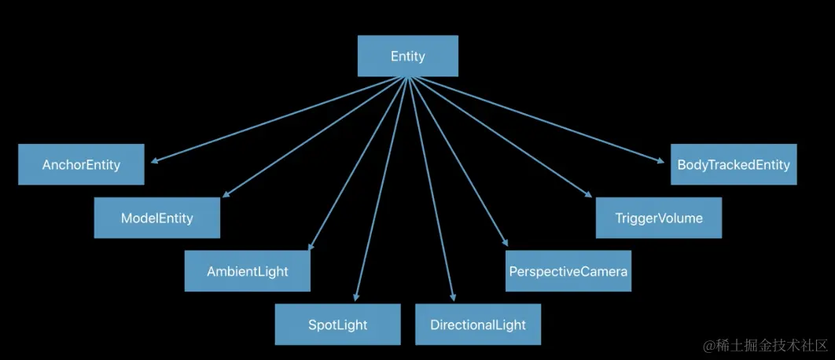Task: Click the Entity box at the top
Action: click(x=407, y=57)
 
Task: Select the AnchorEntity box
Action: click(x=81, y=164)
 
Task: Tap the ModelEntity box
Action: click(x=156, y=218)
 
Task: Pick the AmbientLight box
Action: click(x=247, y=271)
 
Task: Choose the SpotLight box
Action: click(x=337, y=324)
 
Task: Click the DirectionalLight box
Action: click(x=478, y=324)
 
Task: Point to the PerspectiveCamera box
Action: click(x=568, y=271)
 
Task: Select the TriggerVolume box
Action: click(x=658, y=218)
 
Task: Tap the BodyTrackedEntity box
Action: click(x=733, y=164)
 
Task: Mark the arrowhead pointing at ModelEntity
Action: click(x=226, y=196)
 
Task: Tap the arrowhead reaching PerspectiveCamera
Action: click(x=504, y=244)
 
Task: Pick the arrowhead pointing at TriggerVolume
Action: click(x=587, y=195)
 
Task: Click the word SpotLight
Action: click(x=337, y=324)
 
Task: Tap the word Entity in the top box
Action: click(x=407, y=57)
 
